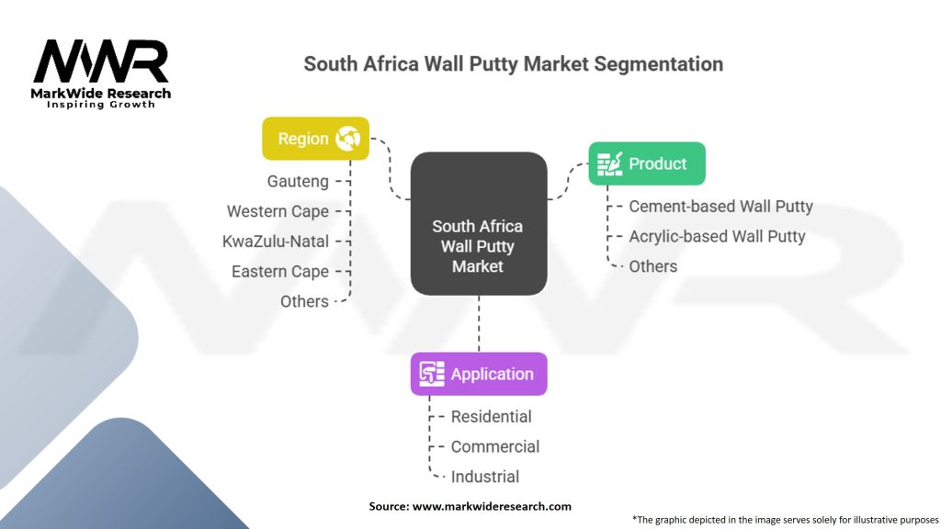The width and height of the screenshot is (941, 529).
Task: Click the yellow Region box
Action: (315, 139)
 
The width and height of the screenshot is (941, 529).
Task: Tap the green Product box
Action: (647, 163)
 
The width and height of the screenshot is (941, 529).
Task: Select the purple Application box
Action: (479, 374)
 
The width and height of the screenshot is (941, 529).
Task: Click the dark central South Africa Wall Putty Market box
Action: (478, 223)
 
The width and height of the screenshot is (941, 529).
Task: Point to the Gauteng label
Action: (298, 182)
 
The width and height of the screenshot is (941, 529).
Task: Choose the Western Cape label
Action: (278, 211)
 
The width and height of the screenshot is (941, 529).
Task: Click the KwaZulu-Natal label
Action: (276, 242)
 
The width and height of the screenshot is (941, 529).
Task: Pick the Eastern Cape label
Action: (280, 272)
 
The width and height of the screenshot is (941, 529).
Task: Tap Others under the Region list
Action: (304, 301)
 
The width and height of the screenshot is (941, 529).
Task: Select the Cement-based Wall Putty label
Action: (720, 207)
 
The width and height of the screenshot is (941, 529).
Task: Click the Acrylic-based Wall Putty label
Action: (717, 236)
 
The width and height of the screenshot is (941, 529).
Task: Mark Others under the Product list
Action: (653, 266)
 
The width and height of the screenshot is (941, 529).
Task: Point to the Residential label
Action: (491, 416)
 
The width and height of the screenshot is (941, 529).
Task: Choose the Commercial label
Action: (494, 446)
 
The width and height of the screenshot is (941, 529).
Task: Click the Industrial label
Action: (484, 477)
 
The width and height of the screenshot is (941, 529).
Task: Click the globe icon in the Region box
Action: (348, 139)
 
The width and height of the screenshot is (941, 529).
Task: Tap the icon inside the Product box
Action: (609, 163)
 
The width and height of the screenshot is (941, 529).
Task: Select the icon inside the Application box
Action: (432, 374)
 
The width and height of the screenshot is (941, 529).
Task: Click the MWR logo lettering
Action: (101, 62)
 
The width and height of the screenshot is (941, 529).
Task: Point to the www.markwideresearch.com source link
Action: (491, 506)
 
